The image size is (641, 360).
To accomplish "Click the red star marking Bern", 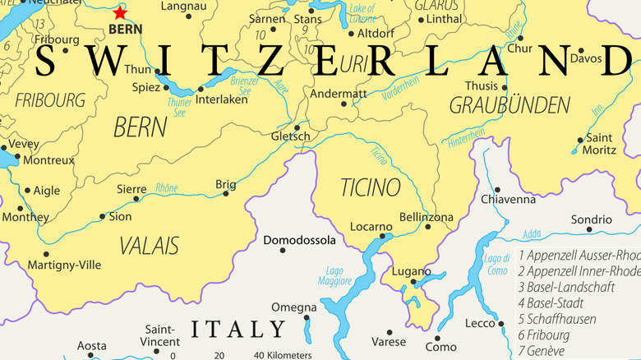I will [x=120, y=12].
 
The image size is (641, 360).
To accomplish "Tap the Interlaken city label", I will [x=222, y=100].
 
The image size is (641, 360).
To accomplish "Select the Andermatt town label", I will [x=338, y=94].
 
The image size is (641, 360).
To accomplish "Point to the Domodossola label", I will [x=299, y=240].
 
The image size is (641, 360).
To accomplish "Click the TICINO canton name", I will [x=371, y=187].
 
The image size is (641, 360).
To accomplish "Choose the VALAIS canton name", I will [x=149, y=245].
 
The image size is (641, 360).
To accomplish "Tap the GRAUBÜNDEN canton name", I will [x=510, y=105].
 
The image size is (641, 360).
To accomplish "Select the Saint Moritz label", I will [x=599, y=144].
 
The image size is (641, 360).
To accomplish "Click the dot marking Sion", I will [x=103, y=217].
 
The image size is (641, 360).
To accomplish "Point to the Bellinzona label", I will [x=426, y=217].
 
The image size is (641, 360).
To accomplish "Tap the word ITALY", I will [x=238, y=330].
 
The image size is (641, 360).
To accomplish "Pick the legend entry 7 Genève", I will [x=555, y=351].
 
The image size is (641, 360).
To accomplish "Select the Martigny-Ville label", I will [x=64, y=265].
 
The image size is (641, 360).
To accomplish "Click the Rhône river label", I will [x=167, y=188].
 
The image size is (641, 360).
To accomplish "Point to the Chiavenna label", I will [x=507, y=199].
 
